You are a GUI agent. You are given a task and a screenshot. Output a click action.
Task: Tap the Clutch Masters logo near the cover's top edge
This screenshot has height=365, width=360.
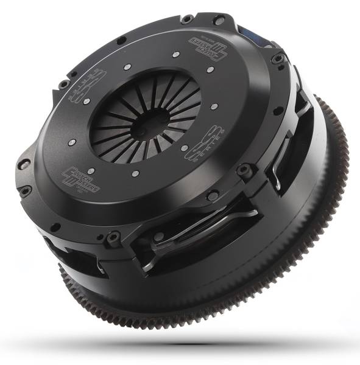pyautogui.click(x=203, y=46)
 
